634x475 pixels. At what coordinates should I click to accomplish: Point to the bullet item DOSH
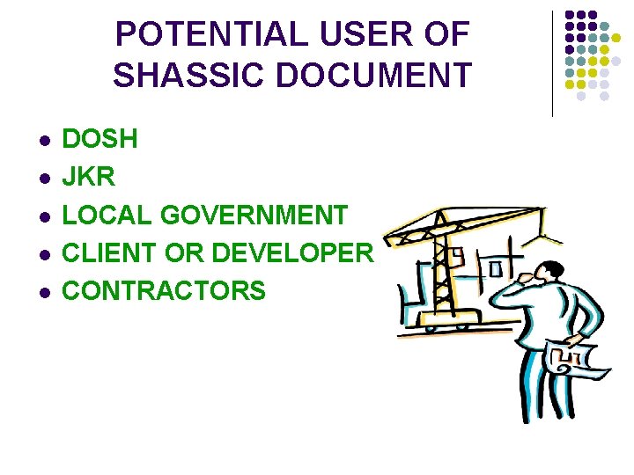(x=100, y=139)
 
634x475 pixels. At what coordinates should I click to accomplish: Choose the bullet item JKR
(x=89, y=177)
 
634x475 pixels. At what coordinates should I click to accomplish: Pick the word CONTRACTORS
(x=164, y=290)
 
